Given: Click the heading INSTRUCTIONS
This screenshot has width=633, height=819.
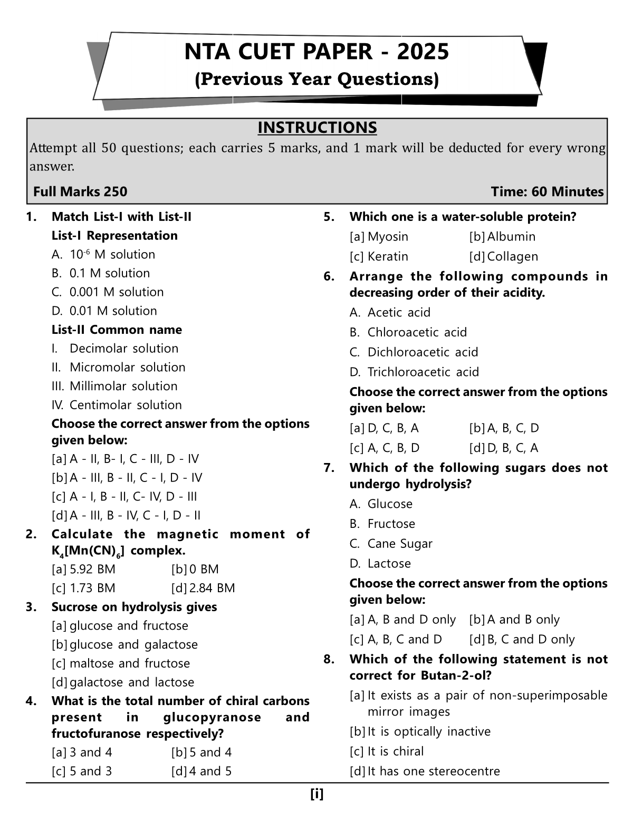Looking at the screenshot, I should pyautogui.click(x=317, y=128).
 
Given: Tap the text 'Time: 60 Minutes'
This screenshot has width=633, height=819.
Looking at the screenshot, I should pyautogui.click(x=547, y=191).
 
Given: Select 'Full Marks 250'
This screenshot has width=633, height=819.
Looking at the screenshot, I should pyautogui.click(x=80, y=191).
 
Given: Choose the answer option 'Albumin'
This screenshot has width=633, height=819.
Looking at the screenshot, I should pyautogui.click(x=511, y=237).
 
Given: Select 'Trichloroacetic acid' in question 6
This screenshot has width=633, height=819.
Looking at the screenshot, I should pyautogui.click(x=423, y=372).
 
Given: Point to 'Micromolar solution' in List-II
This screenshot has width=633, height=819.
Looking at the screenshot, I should pyautogui.click(x=127, y=367).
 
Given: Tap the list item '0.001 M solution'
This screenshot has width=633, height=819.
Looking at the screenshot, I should pyautogui.click(x=116, y=292).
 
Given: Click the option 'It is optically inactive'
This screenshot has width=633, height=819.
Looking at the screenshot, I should pyautogui.click(x=428, y=731).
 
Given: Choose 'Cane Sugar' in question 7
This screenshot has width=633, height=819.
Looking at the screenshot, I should pyautogui.click(x=399, y=544).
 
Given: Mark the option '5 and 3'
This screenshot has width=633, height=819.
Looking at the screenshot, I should pyautogui.click(x=90, y=771).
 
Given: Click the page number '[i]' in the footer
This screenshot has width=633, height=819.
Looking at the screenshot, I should pyautogui.click(x=317, y=794).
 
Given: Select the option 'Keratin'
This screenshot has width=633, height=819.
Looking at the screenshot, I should pyautogui.click(x=387, y=256).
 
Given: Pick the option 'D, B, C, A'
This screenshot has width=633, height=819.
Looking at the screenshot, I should pyautogui.click(x=512, y=448).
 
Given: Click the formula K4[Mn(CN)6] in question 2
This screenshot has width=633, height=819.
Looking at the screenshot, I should pyautogui.click(x=89, y=551).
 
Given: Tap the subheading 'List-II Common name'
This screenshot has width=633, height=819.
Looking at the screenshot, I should pyautogui.click(x=117, y=330).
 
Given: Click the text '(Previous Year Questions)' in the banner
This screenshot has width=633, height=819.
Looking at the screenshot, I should pyautogui.click(x=316, y=79).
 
